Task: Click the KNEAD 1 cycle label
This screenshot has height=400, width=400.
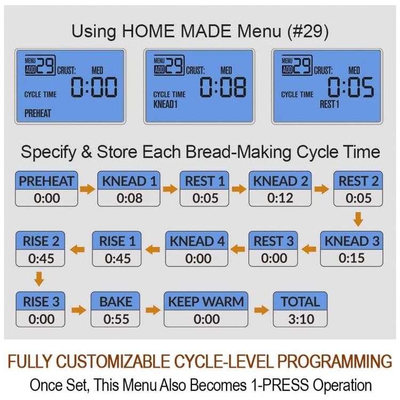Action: [x=129, y=181]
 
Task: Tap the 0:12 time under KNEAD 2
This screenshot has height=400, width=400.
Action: [x=280, y=198]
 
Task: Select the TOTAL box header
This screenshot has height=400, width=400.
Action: [x=300, y=301]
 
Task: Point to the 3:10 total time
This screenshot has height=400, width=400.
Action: [x=301, y=319]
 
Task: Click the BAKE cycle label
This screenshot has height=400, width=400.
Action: [x=116, y=301]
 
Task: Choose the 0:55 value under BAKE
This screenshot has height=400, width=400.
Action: [x=116, y=319]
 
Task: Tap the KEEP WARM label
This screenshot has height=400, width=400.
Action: [x=206, y=301]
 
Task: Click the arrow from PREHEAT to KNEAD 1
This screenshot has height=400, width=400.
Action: [x=87, y=189]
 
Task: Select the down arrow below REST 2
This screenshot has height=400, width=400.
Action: [x=358, y=219]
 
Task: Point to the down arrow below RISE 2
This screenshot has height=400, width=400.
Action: [x=39, y=279]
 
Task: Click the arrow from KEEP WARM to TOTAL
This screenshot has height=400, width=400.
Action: [x=261, y=310]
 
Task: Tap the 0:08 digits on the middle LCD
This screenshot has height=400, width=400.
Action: [x=223, y=87]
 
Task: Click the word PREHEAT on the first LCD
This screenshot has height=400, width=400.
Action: [x=38, y=113]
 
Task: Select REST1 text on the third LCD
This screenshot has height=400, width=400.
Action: [x=330, y=104]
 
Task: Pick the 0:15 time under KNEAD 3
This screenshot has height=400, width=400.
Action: [x=351, y=258]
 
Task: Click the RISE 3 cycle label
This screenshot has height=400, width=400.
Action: [x=41, y=301]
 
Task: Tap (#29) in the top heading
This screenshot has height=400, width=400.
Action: [x=308, y=31]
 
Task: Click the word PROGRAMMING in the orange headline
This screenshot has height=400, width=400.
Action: [x=334, y=361]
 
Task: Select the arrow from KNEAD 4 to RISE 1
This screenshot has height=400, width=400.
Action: [x=153, y=249]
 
